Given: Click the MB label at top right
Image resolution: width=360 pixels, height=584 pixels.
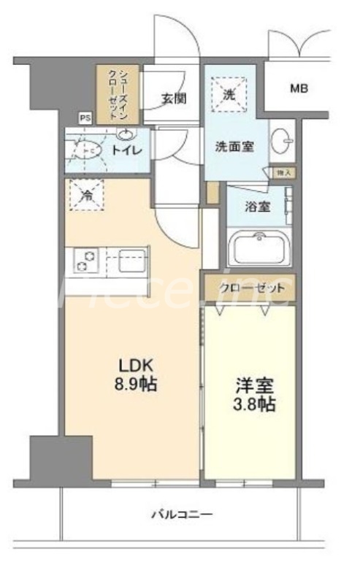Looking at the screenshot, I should click(299, 89).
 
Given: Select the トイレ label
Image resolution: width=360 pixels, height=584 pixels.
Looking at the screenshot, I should click(126, 150).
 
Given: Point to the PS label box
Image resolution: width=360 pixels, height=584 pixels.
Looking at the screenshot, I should click(85, 116).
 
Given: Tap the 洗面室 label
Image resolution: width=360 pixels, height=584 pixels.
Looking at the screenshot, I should click(234, 146).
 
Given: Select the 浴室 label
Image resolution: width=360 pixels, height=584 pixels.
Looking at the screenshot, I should click(257, 207).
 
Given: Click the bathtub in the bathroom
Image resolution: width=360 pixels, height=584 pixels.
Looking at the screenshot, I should click(259, 249).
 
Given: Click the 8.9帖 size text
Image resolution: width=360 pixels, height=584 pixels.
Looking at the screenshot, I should click(134, 385).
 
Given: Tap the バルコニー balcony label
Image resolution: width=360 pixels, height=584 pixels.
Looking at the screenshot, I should click(182, 515).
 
